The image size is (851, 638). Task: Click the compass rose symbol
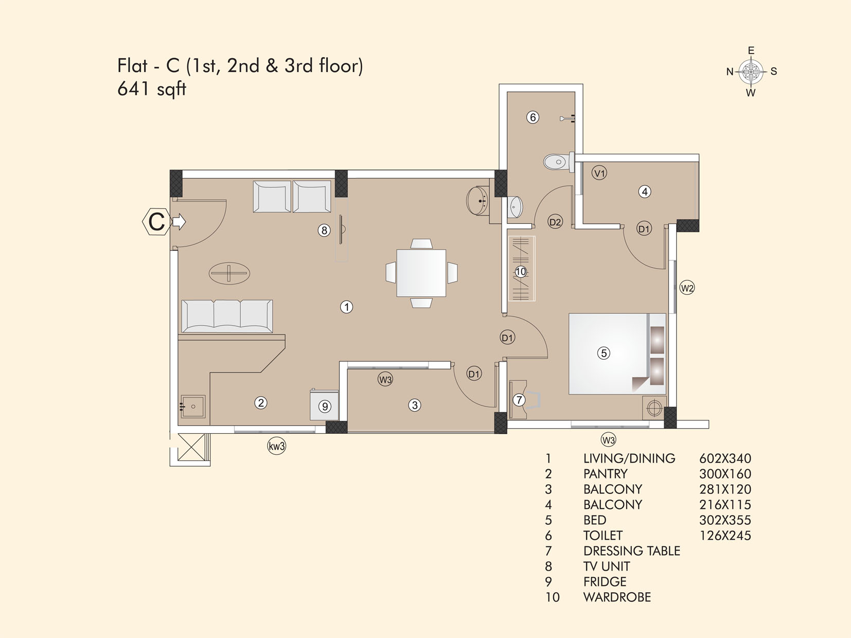pos(751,72)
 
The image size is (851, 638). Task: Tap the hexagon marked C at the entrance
pos(156,222)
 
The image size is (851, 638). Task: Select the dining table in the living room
pos(421,273)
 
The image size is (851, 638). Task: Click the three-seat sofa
pos(227,316)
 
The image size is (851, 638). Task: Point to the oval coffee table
pos(229,273)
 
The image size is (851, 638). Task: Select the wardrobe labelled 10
pos(521,269)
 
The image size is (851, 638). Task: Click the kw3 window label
pos(276,446)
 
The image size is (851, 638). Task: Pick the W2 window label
pos(687,288)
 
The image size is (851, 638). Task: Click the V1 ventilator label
pos(599,173)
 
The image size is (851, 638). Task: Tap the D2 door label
pos(555,222)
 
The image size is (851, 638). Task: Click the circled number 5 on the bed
pos(604,353)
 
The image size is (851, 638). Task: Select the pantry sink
pos(193,406)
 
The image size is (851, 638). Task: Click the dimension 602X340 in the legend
pos(725,458)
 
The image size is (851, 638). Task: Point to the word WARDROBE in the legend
pos(617,597)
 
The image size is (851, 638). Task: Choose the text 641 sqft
pos(152,90)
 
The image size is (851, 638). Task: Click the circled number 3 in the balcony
pos(415,405)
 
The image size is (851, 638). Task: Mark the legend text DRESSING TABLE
pos(632,551)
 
